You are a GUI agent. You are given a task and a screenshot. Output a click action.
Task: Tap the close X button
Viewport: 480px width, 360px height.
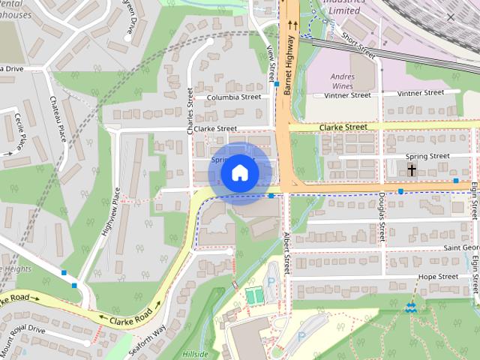coord(451,16)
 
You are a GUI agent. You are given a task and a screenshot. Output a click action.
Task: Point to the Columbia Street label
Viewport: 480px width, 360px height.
coord(234,97)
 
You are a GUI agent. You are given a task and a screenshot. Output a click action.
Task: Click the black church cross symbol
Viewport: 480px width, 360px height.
coord(412,170)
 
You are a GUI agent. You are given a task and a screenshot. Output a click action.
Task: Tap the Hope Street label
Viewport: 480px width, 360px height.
coord(437,277)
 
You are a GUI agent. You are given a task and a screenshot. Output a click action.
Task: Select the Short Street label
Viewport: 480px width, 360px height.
coord(357,45)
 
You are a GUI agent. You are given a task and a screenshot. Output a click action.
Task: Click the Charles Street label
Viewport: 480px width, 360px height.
coord(190,110)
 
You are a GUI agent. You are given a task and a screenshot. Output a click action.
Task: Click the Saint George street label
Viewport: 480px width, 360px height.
coord(460,247)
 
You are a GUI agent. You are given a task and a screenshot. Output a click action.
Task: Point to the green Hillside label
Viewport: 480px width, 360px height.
coord(196,352)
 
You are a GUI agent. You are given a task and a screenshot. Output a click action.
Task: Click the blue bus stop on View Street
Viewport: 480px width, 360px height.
coord(277,84)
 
